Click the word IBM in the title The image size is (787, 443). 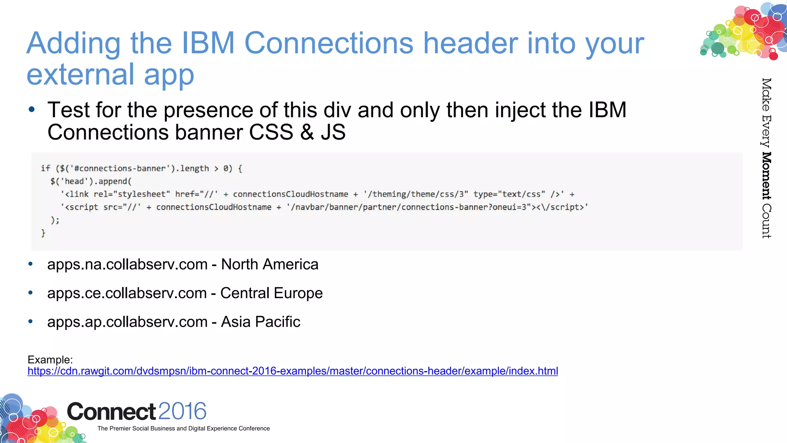point(208,43)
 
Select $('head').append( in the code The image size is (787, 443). point(91,182)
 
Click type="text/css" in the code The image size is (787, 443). point(509,194)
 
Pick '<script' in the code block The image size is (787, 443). point(81,207)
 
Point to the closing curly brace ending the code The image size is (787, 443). point(43,233)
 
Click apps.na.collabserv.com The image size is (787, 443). point(127,265)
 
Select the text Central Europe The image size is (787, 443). point(271,293)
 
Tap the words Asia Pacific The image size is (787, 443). point(261,322)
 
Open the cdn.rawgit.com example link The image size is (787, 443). point(292,371)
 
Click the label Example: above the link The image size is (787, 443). point(50,360)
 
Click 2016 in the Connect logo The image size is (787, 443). point(182,411)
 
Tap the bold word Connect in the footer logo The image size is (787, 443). point(111,412)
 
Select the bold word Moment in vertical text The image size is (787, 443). point(766,176)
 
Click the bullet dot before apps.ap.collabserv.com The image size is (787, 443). point(31,321)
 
